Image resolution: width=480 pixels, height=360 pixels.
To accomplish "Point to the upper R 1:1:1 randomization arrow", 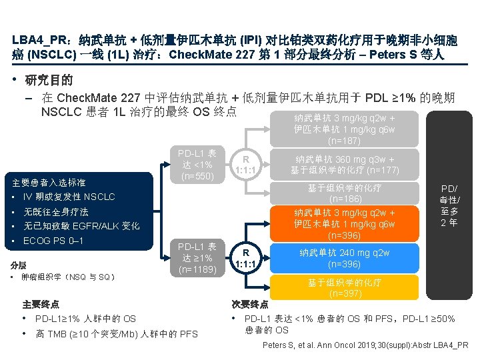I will click(x=246, y=164).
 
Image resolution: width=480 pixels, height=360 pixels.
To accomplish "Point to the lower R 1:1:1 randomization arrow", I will click(x=246, y=258).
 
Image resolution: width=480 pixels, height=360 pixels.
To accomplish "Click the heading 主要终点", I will click(x=41, y=304).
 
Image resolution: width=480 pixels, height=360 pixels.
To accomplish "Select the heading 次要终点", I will click(x=250, y=304).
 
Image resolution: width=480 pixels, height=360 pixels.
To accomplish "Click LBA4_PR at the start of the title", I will click(x=39, y=39).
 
